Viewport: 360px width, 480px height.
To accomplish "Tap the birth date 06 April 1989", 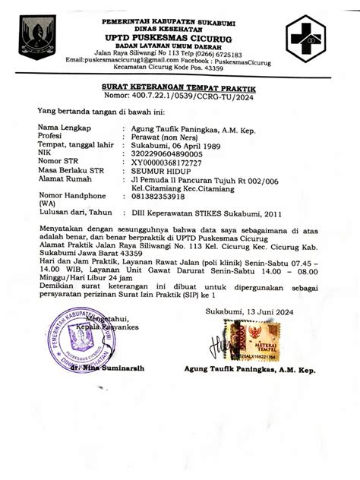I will click(x=202, y=146).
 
